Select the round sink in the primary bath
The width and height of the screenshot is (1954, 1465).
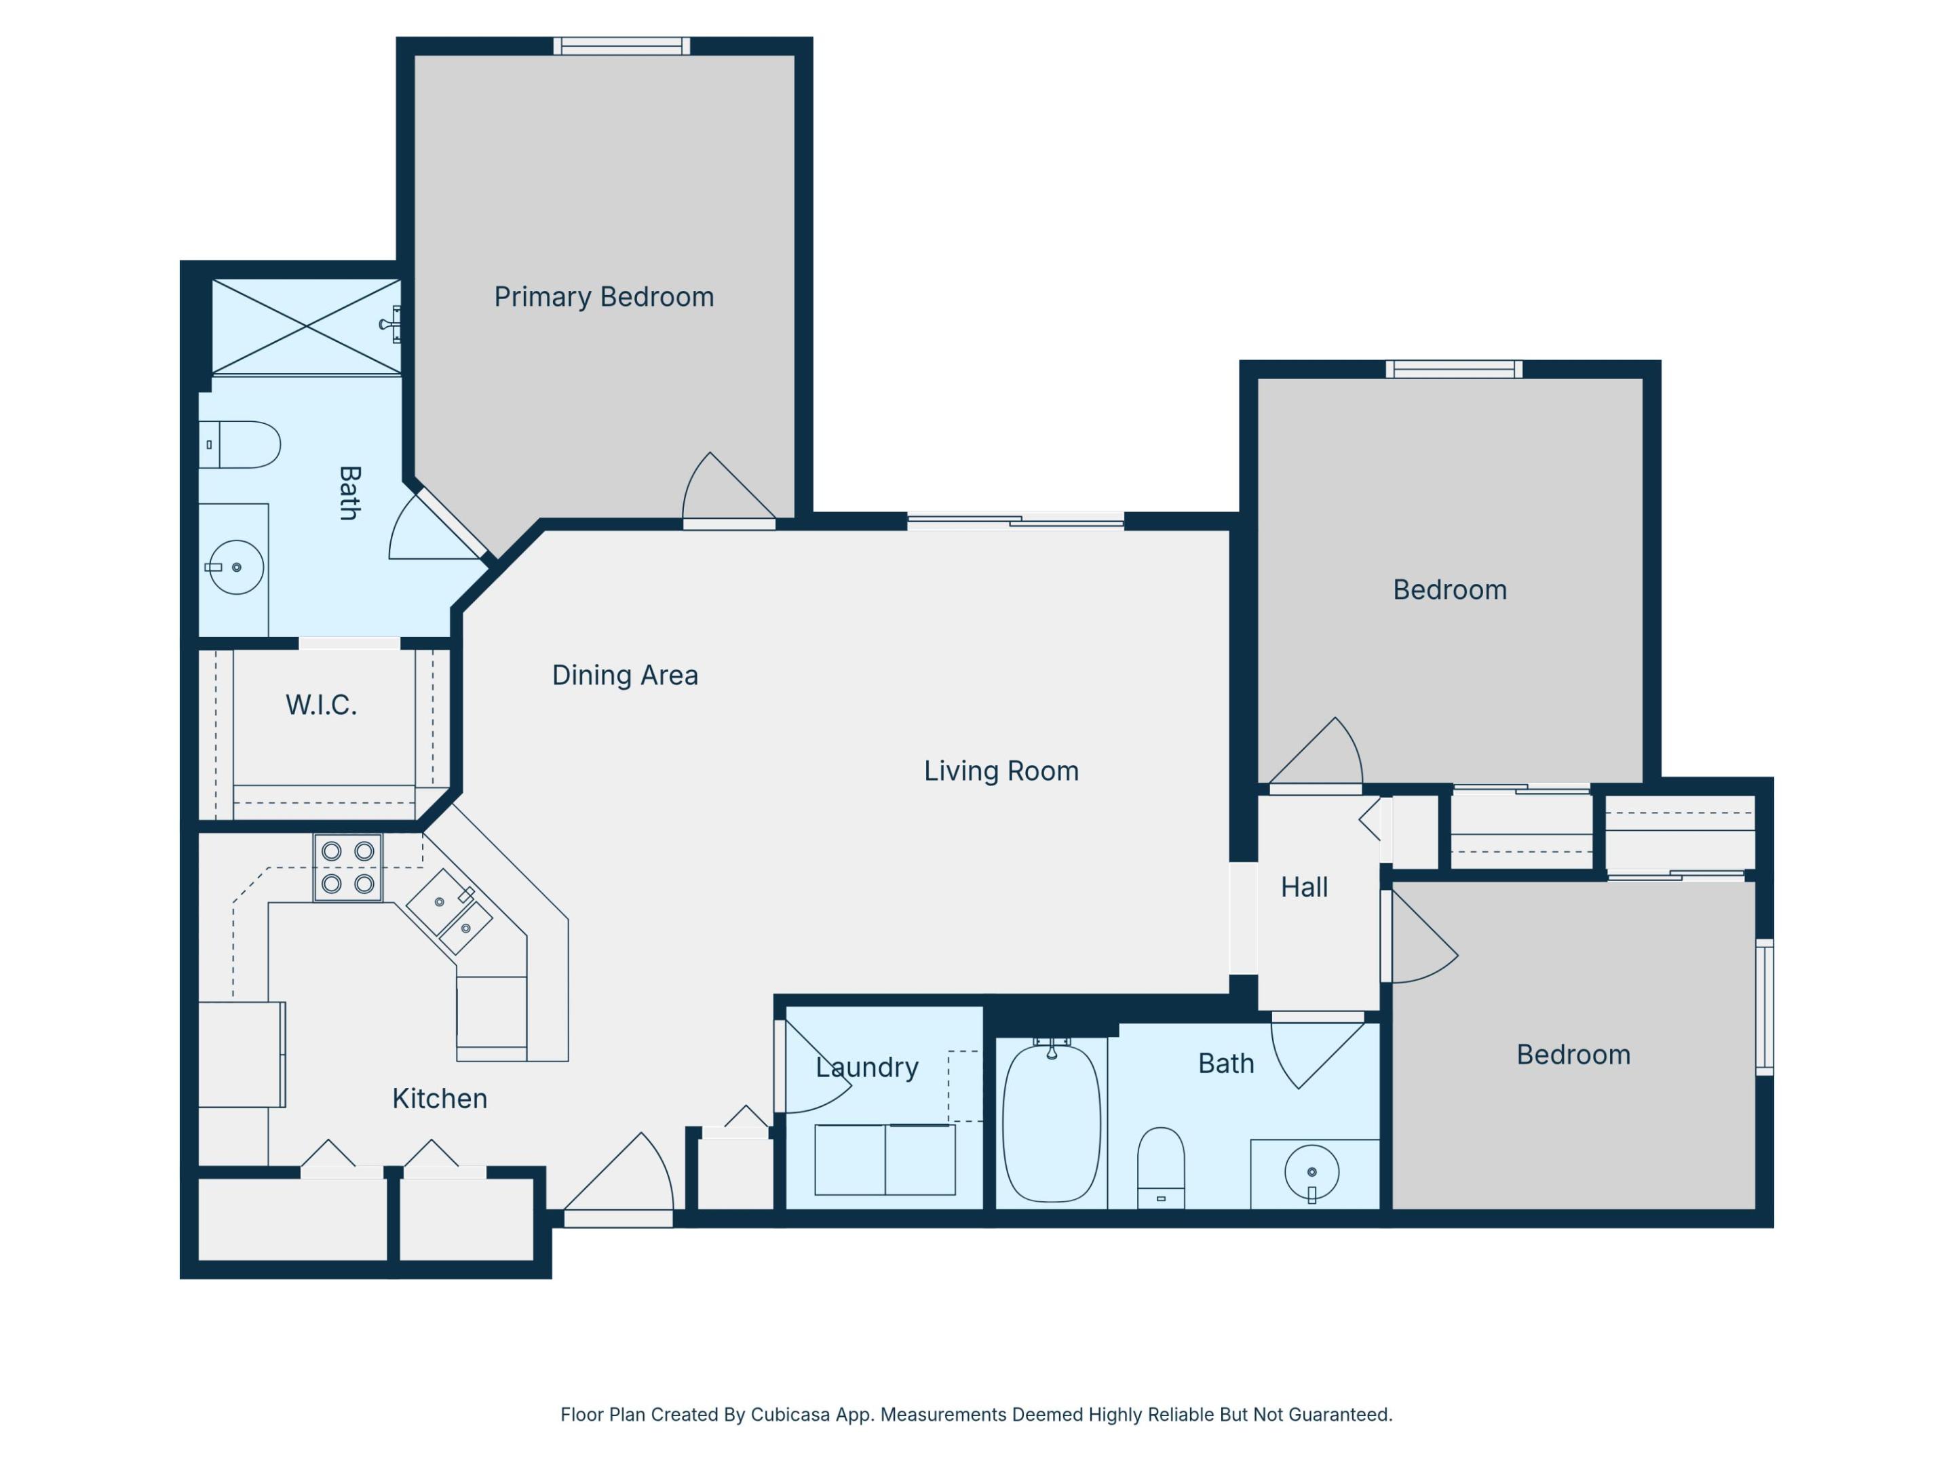click(x=236, y=567)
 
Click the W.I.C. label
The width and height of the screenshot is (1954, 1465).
click(x=321, y=705)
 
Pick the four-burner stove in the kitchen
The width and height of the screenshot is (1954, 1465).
click(x=347, y=867)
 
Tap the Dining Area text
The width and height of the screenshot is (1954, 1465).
click(x=625, y=676)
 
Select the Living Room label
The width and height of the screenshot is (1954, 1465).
click(x=1001, y=771)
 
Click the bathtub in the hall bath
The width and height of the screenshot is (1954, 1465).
click(x=1051, y=1123)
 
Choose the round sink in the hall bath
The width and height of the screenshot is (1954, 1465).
click(x=1311, y=1173)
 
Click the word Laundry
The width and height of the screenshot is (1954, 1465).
click(x=866, y=1068)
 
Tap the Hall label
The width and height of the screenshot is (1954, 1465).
click(x=1304, y=887)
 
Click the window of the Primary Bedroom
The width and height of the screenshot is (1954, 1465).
click(x=622, y=46)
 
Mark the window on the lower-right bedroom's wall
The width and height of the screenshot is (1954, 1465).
click(x=1764, y=1007)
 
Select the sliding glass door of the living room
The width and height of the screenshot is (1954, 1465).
click(x=1015, y=521)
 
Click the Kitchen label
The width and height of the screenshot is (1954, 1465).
click(x=439, y=1099)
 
